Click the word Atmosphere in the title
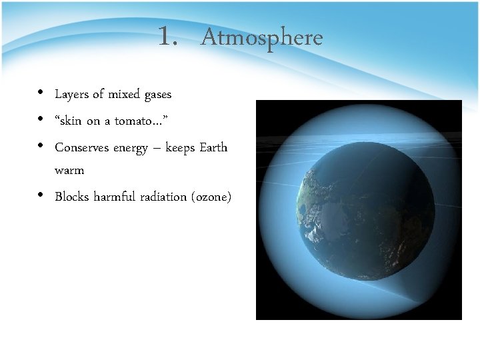pyautogui.click(x=261, y=37)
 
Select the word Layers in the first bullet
pyautogui.click(x=71, y=95)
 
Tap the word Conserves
pyautogui.click(x=83, y=147)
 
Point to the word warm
pyautogui.click(x=69, y=171)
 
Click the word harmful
pyautogui.click(x=117, y=197)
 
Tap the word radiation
pyautogui.click(x=167, y=197)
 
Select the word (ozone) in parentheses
pyautogui.click(x=212, y=197)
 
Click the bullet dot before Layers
pyautogui.click(x=41, y=93)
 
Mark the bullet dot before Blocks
pyautogui.click(x=41, y=195)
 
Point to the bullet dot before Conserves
pyautogui.click(x=41, y=145)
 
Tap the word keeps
pyautogui.click(x=181, y=148)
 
